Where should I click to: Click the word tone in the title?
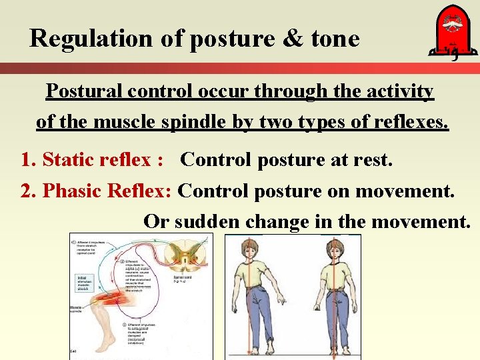pyautogui.click(x=335, y=39)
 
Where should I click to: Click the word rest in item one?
pyautogui.click(x=375, y=160)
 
